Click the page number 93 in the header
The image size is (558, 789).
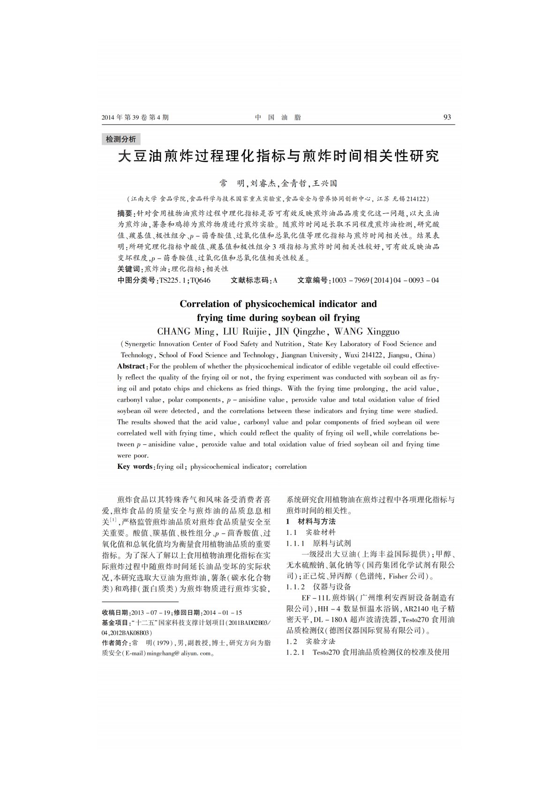(x=447, y=117)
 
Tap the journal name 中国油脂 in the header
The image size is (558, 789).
(x=278, y=118)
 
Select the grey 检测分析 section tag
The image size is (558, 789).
(x=121, y=139)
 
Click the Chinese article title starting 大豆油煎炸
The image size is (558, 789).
(x=278, y=156)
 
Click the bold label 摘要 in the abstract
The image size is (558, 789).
(x=125, y=213)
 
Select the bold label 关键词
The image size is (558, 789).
(x=129, y=269)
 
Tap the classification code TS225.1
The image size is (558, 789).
(x=173, y=280)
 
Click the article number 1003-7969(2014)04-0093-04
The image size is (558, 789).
(x=385, y=280)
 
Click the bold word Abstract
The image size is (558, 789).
(x=131, y=366)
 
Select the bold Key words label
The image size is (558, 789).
(x=135, y=466)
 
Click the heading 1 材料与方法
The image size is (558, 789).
(x=311, y=521)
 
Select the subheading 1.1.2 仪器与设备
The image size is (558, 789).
(x=318, y=586)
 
